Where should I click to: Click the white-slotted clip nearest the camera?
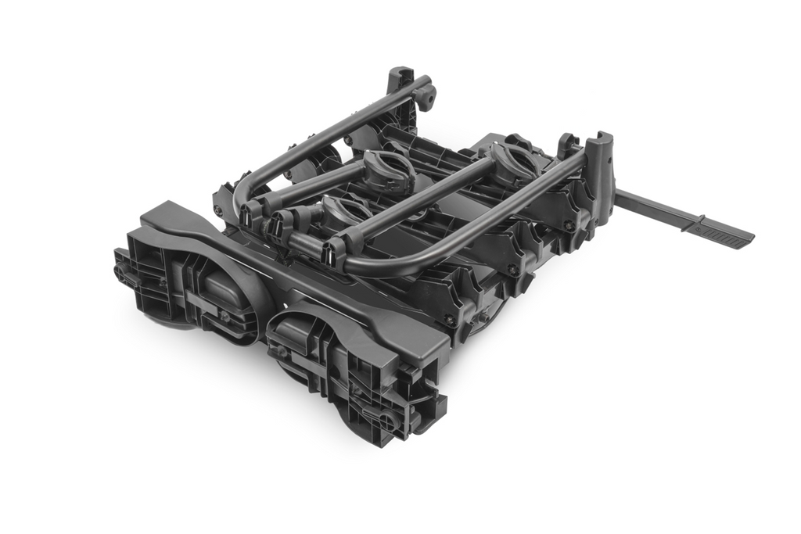(x=335, y=253)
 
